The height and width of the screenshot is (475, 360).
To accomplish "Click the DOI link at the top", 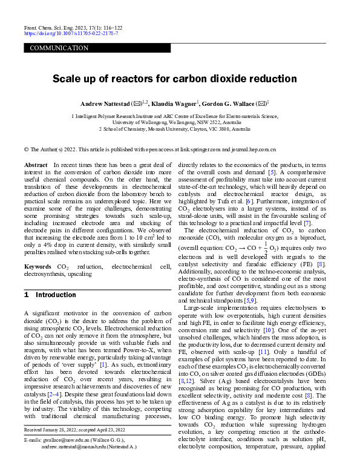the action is (x=71, y=33).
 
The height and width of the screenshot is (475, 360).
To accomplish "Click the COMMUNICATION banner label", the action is (x=59, y=48).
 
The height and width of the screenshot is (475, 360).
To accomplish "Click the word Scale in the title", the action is (x=68, y=79).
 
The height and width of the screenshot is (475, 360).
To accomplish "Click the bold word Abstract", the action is (x=36, y=165).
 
